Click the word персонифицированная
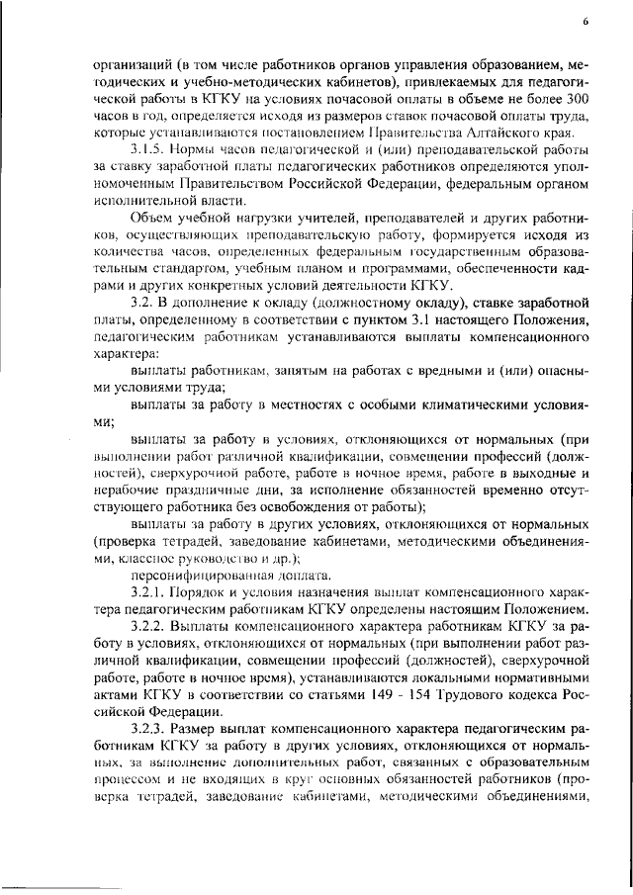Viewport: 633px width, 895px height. coord(185,575)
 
